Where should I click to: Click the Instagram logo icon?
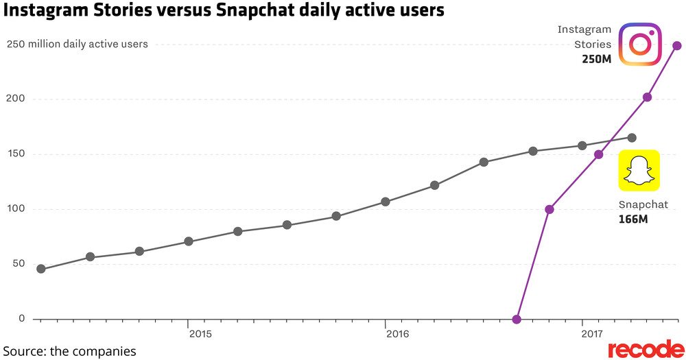(639, 44)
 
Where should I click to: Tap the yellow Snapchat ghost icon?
(639, 170)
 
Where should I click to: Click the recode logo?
(646, 349)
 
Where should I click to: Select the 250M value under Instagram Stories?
(595, 60)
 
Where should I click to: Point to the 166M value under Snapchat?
(633, 219)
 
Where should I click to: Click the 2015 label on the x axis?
(200, 334)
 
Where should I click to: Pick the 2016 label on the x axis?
(397, 334)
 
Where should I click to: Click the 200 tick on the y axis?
(16, 98)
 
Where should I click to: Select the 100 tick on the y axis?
(16, 208)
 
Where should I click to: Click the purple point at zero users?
(517, 319)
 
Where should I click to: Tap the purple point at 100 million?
(549, 209)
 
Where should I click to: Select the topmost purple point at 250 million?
(677, 46)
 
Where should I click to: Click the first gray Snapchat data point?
(40, 269)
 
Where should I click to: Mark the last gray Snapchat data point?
(632, 138)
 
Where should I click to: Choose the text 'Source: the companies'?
(69, 351)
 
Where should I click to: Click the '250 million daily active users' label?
(77, 45)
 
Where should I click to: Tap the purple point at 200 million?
(647, 97)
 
